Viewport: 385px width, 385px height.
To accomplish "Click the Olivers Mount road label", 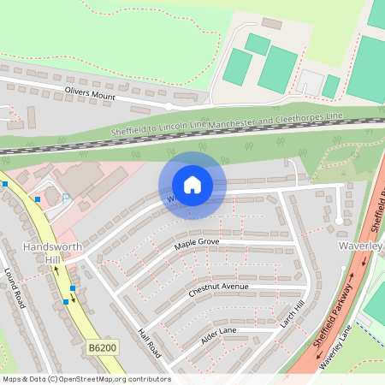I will (90, 92).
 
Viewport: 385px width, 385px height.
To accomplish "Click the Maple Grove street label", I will (198, 245).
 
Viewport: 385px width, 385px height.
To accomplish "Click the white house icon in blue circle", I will (192, 184).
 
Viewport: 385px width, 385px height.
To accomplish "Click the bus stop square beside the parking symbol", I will (38, 198).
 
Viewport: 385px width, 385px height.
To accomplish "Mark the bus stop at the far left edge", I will (5, 183).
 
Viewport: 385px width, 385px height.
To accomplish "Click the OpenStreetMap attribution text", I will (86, 379).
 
